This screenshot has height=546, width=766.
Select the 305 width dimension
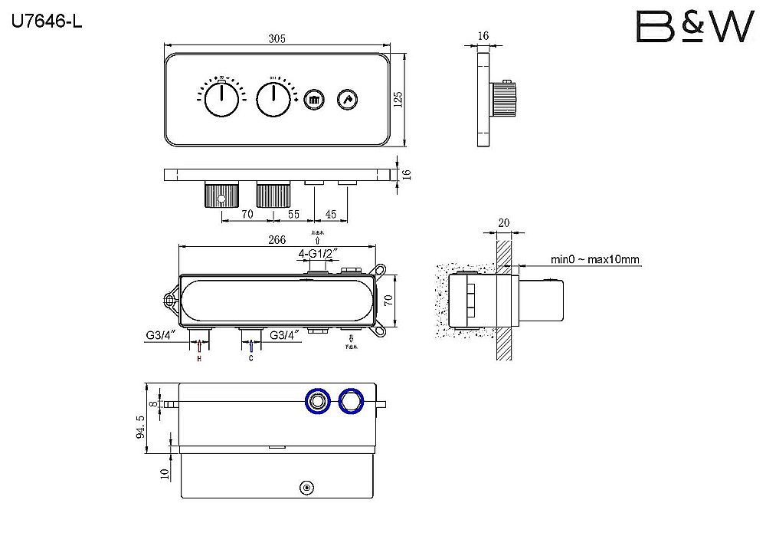[x=277, y=41]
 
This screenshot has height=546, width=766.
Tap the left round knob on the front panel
[x=222, y=100]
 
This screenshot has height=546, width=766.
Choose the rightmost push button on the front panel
[x=349, y=100]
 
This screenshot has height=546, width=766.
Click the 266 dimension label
[x=277, y=239]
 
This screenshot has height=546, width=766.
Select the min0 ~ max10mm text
[x=595, y=260]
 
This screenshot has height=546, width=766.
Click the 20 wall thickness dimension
[x=502, y=223]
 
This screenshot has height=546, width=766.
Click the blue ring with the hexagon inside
[x=350, y=400]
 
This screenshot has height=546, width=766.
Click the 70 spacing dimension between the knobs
[x=247, y=215]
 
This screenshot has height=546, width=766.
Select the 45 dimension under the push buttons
[x=331, y=215]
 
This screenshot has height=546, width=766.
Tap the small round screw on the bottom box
[x=306, y=487]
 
